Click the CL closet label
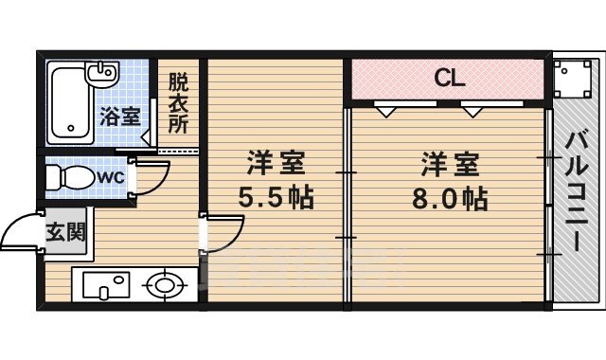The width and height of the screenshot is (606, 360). click(449, 79)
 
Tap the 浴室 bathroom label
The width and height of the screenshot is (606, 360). click(120, 117)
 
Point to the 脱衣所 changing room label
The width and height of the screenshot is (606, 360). click(178, 102)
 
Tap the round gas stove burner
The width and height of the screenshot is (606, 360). click(166, 285)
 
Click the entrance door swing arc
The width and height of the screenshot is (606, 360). click(19, 232)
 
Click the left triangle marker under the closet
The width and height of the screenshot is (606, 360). click(386, 111)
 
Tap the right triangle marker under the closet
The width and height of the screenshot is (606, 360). click(472, 111)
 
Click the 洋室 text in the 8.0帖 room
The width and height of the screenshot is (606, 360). click(450, 164)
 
